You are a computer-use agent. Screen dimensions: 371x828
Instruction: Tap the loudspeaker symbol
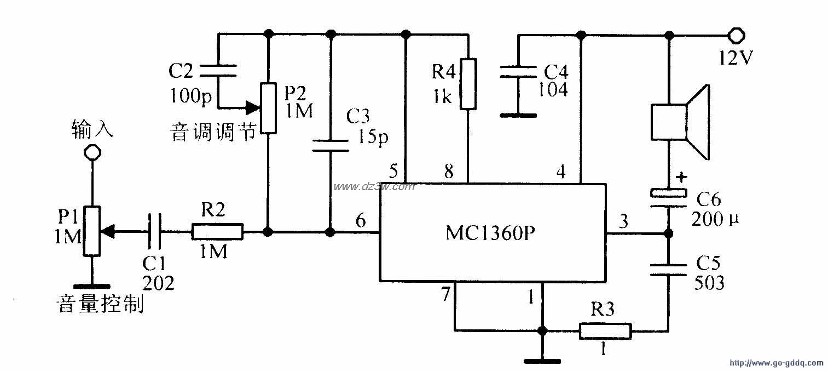pyautogui.click(x=680, y=122)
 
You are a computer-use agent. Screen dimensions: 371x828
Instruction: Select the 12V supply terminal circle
pyautogui.click(x=736, y=36)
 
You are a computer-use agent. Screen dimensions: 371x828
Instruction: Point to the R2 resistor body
pyautogui.click(x=217, y=232)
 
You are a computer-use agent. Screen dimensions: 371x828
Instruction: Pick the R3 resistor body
pyautogui.click(x=605, y=331)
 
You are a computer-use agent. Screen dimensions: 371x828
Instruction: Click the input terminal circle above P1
pyautogui.click(x=92, y=152)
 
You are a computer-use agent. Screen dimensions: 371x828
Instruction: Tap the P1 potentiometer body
pyautogui.click(x=92, y=231)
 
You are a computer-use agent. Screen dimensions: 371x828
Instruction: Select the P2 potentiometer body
pyautogui.click(x=268, y=107)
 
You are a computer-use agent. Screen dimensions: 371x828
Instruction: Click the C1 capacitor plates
pyautogui.click(x=155, y=232)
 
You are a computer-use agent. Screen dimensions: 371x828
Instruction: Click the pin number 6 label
pyautogui.click(x=360, y=221)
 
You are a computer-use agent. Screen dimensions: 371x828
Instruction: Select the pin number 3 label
pyautogui.click(x=623, y=221)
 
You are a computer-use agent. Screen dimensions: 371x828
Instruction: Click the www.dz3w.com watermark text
pyautogui.click(x=374, y=187)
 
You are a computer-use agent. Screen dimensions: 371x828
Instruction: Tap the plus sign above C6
pyautogui.click(x=681, y=177)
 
